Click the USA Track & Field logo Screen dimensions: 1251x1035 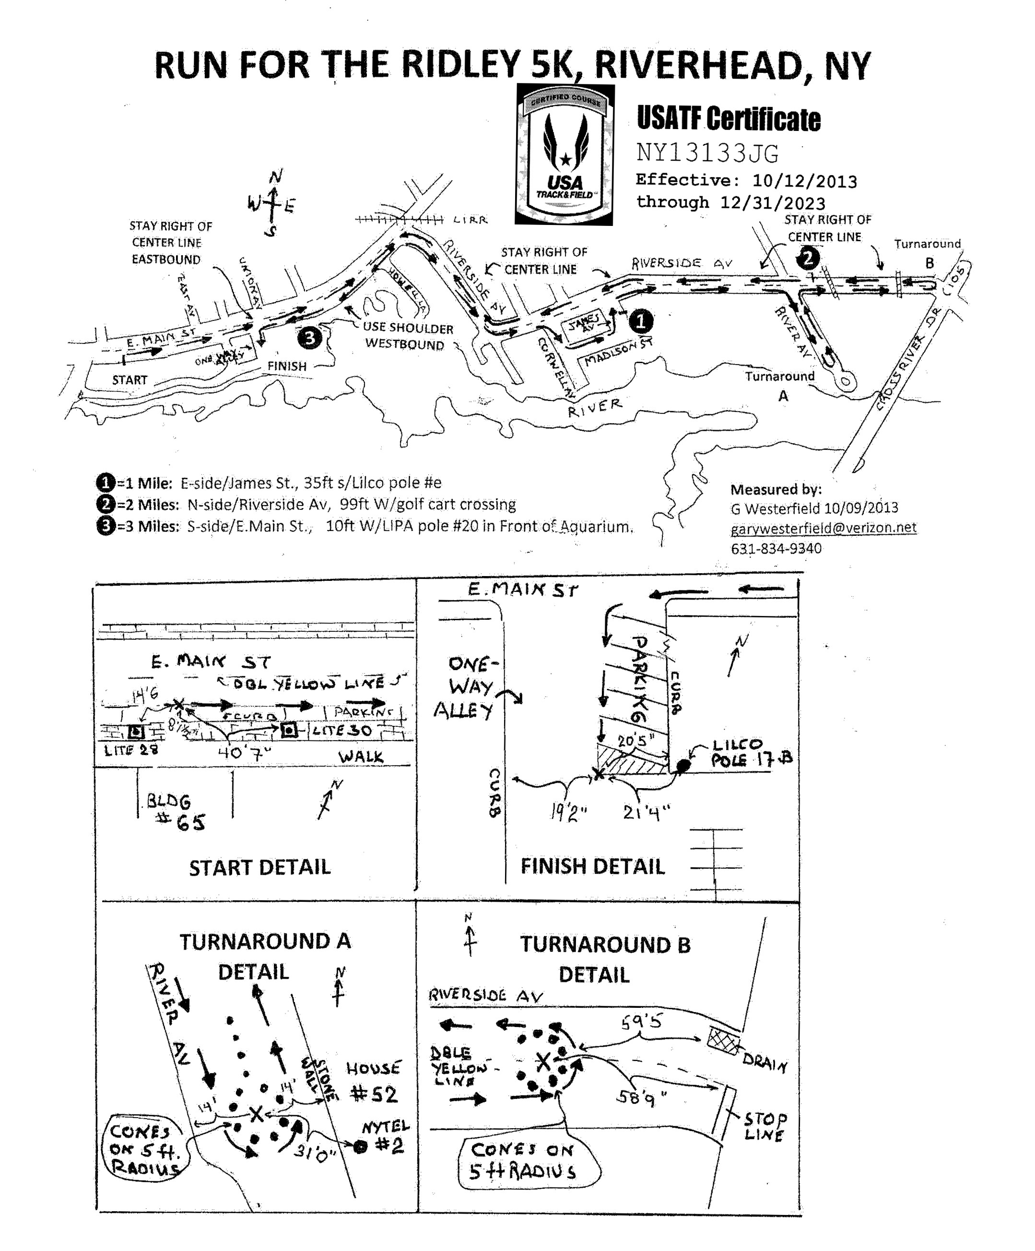(564, 155)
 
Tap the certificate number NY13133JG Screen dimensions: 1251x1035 (707, 153)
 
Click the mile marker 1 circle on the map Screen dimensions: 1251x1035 (641, 322)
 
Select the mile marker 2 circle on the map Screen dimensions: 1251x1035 (808, 259)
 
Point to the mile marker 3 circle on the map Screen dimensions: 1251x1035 (309, 338)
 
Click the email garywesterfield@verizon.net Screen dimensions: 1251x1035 (823, 528)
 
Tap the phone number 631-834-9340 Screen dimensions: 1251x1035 (776, 549)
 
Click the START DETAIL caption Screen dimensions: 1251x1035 (259, 867)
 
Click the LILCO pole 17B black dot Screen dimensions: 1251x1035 (685, 766)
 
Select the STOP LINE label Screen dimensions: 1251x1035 (765, 1126)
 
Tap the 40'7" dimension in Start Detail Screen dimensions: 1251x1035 (244, 753)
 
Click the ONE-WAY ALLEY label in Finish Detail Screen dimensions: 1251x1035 (470, 687)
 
